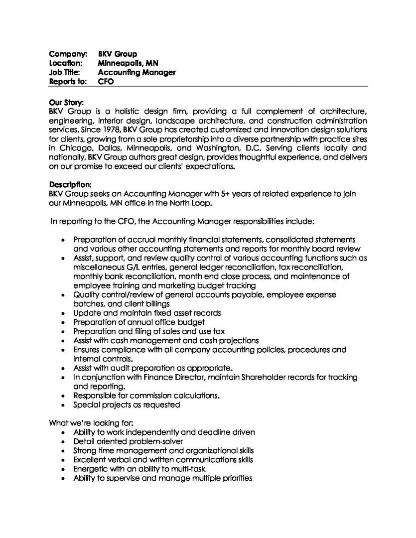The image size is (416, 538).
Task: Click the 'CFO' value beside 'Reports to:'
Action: [x=106, y=81]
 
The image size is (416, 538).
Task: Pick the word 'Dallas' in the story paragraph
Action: [x=108, y=147]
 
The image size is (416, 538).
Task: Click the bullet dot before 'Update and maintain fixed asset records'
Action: [x=63, y=313]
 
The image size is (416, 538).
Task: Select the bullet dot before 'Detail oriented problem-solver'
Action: [x=63, y=441]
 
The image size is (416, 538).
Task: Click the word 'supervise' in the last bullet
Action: [x=120, y=478]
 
